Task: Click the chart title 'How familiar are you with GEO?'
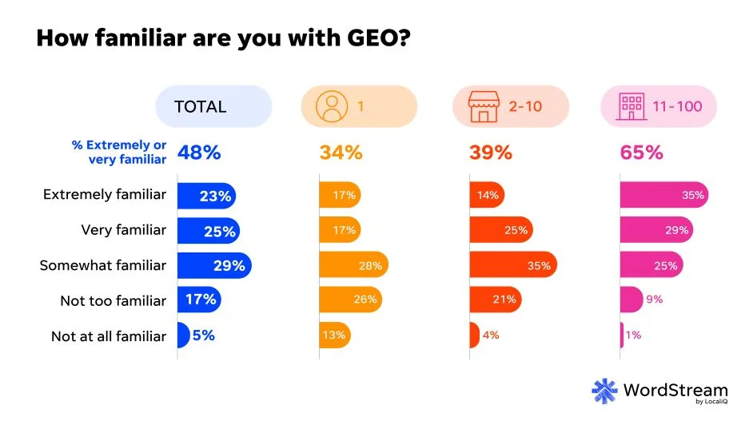pos(224,38)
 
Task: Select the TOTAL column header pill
pos(213,106)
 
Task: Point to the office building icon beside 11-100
pos(631,106)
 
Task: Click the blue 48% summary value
pos(199,153)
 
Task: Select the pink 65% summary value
pos(641,153)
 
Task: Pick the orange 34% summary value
pos(341,153)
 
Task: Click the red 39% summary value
pos(491,153)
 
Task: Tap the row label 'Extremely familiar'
pos(105,194)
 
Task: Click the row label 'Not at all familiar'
pos(109,336)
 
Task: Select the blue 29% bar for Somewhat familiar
pos(213,265)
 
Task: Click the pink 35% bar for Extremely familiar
pos(663,195)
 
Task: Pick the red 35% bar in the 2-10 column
pos(512,265)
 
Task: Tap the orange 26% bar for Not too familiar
pos(350,300)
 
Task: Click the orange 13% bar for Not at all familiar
pos(334,336)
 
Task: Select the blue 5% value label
pos(203,336)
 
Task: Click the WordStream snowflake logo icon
pos(605,391)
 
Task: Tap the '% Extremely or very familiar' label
pos(119,152)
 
